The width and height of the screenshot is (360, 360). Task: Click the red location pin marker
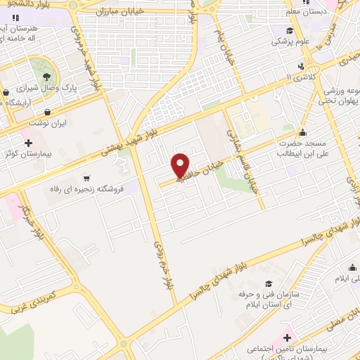pyautogui.click(x=181, y=165)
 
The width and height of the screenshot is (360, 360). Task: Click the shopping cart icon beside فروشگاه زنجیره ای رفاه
pyautogui.click(x=86, y=179)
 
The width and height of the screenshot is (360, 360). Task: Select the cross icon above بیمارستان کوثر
pyautogui.click(x=28, y=143)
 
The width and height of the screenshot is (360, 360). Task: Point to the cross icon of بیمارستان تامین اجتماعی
pyautogui.click(x=288, y=337)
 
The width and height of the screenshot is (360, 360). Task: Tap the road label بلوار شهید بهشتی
pyautogui.click(x=131, y=140)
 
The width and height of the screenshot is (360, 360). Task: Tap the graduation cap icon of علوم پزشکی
pyautogui.click(x=289, y=31)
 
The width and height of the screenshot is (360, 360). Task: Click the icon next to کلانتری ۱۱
pyautogui.click(x=302, y=65)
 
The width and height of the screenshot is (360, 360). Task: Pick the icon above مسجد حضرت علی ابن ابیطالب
pyautogui.click(x=302, y=131)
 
